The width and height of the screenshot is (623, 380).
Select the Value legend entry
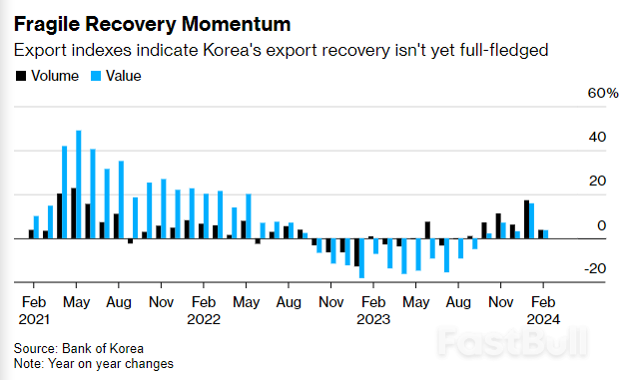(x=116, y=75)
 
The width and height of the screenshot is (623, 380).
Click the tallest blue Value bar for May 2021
(x=79, y=185)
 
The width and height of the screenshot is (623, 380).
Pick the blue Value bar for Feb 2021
(x=37, y=227)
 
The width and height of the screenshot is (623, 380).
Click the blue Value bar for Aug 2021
(x=121, y=199)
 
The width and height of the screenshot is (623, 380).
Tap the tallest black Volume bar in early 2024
(x=526, y=219)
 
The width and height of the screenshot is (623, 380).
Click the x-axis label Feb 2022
(x=204, y=309)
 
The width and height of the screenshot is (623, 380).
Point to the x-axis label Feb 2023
(x=373, y=309)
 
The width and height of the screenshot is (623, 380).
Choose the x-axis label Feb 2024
(x=543, y=309)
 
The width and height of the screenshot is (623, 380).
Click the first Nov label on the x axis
(x=161, y=300)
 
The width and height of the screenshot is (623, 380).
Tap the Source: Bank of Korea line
(x=79, y=348)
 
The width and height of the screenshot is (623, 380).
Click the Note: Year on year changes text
(x=94, y=364)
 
